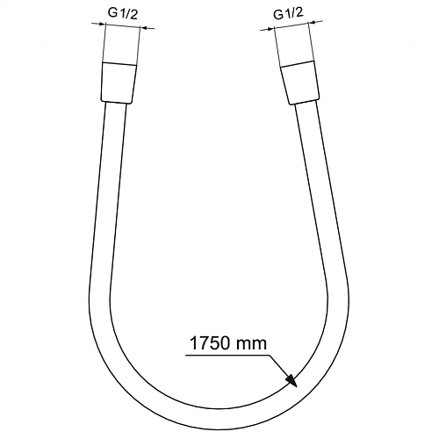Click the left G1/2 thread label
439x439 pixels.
coord(123,13)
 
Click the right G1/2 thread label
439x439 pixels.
coord(288,13)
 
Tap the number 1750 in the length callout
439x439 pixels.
coord(210,343)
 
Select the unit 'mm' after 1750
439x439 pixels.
coord(251,345)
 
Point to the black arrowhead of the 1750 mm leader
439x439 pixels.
coord(291,380)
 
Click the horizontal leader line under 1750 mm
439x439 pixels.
coord(227,356)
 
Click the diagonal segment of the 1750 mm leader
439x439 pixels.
coord(278,366)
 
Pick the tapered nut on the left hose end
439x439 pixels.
coord(119,83)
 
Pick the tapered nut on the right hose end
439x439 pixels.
coord(299,83)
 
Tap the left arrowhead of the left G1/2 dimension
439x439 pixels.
coord(101,24)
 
